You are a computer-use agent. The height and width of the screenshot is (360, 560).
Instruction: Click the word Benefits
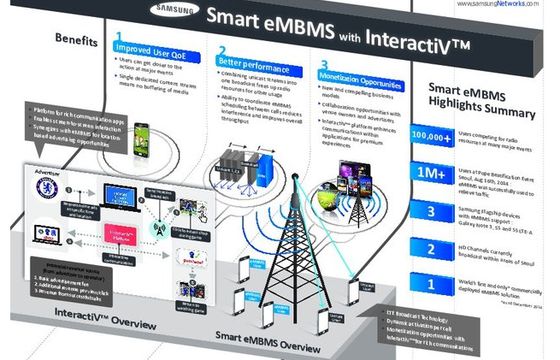coord(76,44)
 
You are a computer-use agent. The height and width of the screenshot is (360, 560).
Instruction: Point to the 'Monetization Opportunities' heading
coord(361,76)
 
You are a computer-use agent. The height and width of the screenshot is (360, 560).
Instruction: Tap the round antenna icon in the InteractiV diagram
coord(156,228)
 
